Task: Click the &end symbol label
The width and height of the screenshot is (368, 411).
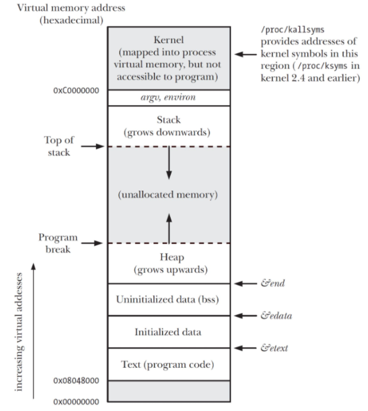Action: tap(273, 283)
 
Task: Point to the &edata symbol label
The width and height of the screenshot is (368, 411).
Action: tap(276, 316)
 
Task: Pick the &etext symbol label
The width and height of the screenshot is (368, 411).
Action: tap(274, 348)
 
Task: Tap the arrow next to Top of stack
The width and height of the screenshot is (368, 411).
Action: tap(93, 146)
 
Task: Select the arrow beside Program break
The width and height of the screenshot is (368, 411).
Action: tap(93, 243)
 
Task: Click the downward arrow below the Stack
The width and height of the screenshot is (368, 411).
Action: tap(169, 163)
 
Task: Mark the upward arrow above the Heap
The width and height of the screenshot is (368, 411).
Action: tap(169, 227)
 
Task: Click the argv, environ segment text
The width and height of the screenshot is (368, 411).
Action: tap(169, 98)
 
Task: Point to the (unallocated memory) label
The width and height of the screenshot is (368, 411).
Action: tap(168, 195)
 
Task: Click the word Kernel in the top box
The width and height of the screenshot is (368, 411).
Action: tap(168, 41)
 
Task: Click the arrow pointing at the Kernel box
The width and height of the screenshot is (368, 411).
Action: tap(246, 54)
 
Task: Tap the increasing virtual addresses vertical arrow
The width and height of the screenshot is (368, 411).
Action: tap(33, 330)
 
